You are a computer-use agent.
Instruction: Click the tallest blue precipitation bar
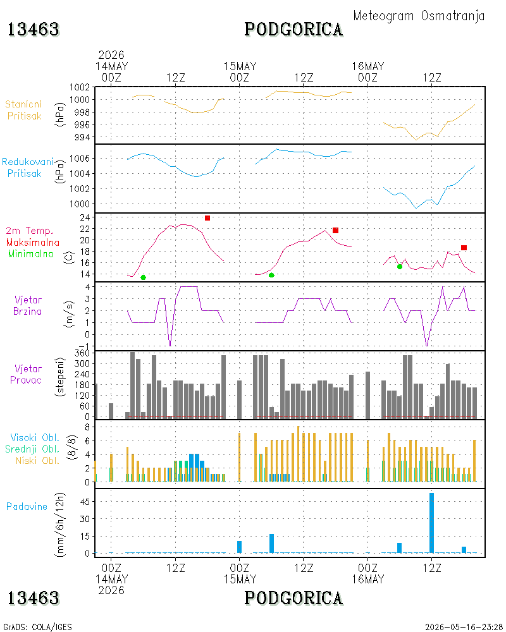point(431,523)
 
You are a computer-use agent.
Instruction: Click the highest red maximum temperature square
point(207,218)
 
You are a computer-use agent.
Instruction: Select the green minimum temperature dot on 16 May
point(400,267)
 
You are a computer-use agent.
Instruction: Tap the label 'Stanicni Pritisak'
point(24,110)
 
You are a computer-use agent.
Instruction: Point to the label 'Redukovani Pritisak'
point(27,167)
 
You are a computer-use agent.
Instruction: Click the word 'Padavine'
point(27,507)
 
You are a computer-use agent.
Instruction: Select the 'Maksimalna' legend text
point(33,243)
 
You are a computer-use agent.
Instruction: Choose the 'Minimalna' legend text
point(30,254)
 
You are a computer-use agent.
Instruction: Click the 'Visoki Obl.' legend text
point(35,437)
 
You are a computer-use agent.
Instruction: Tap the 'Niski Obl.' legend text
point(37,460)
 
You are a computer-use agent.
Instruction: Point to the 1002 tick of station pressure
point(80,87)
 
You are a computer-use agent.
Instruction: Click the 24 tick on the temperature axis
point(85,217)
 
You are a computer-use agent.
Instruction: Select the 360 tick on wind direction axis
point(82,353)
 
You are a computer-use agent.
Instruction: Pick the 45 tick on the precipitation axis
point(85,502)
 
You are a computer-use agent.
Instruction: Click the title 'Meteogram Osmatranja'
point(419,16)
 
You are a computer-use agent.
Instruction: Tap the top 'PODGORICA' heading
point(293,30)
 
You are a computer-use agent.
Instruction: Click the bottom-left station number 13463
point(34,598)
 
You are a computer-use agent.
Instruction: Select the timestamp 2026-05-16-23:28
point(464,627)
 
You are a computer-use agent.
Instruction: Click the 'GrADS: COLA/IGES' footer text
point(37,627)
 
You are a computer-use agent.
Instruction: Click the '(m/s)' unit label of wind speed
point(69,314)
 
